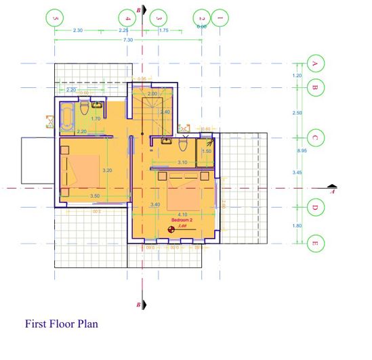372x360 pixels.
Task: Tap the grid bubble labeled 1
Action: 220,17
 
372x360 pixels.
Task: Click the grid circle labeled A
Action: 314,64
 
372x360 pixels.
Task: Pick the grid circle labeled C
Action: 314,137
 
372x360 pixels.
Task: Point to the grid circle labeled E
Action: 314,242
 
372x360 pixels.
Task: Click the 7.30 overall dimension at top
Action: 127,41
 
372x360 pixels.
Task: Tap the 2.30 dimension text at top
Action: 78,30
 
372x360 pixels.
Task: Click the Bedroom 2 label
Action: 182,221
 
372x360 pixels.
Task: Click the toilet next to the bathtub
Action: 83,108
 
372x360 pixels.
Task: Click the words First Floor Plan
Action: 62,324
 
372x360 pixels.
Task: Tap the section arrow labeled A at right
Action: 331,188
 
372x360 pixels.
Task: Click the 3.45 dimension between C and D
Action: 297,173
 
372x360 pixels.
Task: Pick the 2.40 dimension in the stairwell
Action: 165,112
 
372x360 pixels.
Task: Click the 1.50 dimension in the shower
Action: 207,151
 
